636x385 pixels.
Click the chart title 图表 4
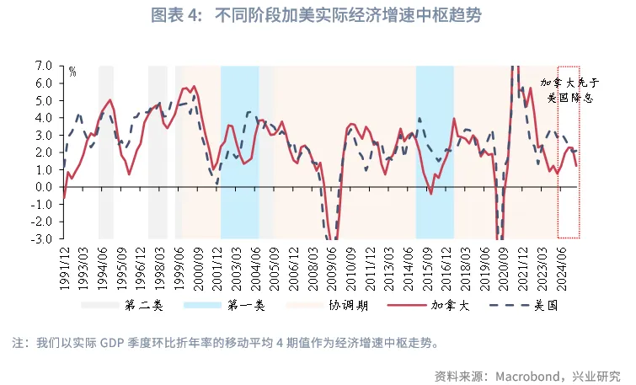coord(318,15)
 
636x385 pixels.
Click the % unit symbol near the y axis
coord(72,72)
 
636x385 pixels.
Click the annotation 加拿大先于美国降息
coord(569,90)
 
